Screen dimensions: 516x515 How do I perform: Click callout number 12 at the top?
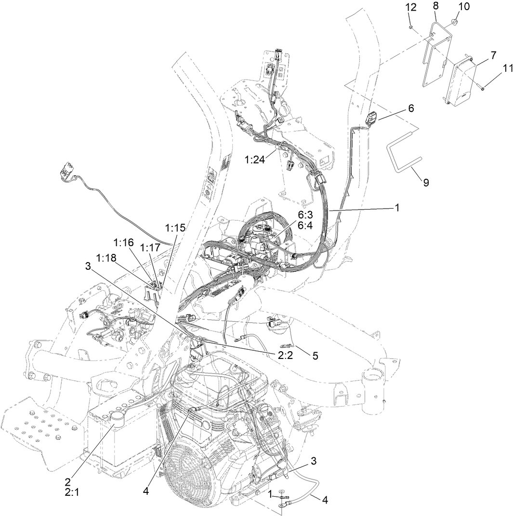[409, 7]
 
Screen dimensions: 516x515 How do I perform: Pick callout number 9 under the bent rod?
[426, 182]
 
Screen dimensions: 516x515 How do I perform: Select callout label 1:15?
[175, 226]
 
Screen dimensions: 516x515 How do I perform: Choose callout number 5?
[315, 356]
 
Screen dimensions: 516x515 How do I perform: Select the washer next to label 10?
[455, 21]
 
